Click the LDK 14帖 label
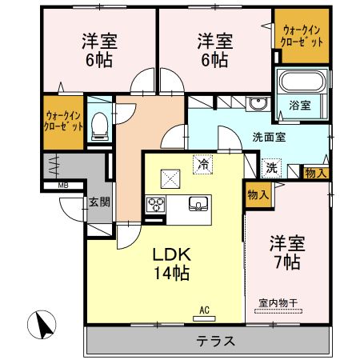(171, 263)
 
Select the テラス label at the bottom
(216, 341)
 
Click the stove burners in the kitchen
(154, 205)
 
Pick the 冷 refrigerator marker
(204, 165)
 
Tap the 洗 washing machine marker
(272, 168)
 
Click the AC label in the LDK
(204, 310)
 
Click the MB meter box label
(50, 187)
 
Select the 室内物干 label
(278, 302)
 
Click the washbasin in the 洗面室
(258, 104)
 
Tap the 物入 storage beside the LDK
(257, 195)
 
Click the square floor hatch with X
(171, 178)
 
